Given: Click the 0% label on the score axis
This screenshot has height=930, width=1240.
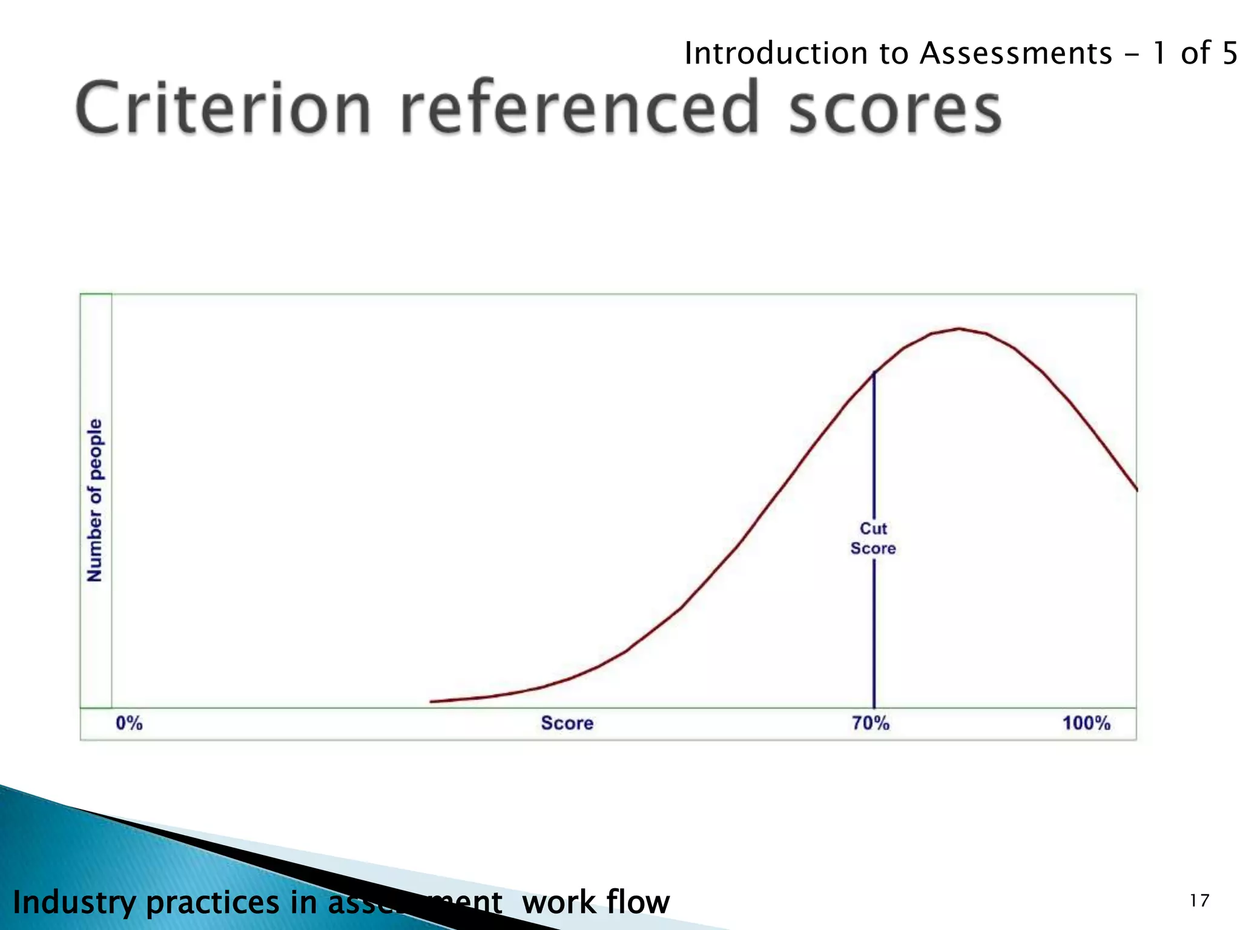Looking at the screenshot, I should point(129,723).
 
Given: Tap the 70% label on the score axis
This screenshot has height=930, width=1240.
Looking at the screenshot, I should point(871,723).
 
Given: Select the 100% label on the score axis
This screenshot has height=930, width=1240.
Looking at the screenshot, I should point(1086,723).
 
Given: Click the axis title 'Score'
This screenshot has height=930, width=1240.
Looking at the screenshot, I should point(567,723).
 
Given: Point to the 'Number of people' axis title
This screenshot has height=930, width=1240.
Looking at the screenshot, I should point(95,500).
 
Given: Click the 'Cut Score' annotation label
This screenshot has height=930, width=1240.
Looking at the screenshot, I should point(873,538).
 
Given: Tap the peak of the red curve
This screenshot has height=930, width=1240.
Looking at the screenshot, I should point(959,329).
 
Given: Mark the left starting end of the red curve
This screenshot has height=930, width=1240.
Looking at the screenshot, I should point(432,701).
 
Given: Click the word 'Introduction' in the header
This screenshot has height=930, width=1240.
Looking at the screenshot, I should point(775,53).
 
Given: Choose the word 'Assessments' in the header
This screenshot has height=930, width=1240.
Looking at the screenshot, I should point(1016,53).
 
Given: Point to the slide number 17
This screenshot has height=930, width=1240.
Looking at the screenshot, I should point(1199,901).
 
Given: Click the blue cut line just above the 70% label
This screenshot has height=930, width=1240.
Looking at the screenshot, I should point(874,690).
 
